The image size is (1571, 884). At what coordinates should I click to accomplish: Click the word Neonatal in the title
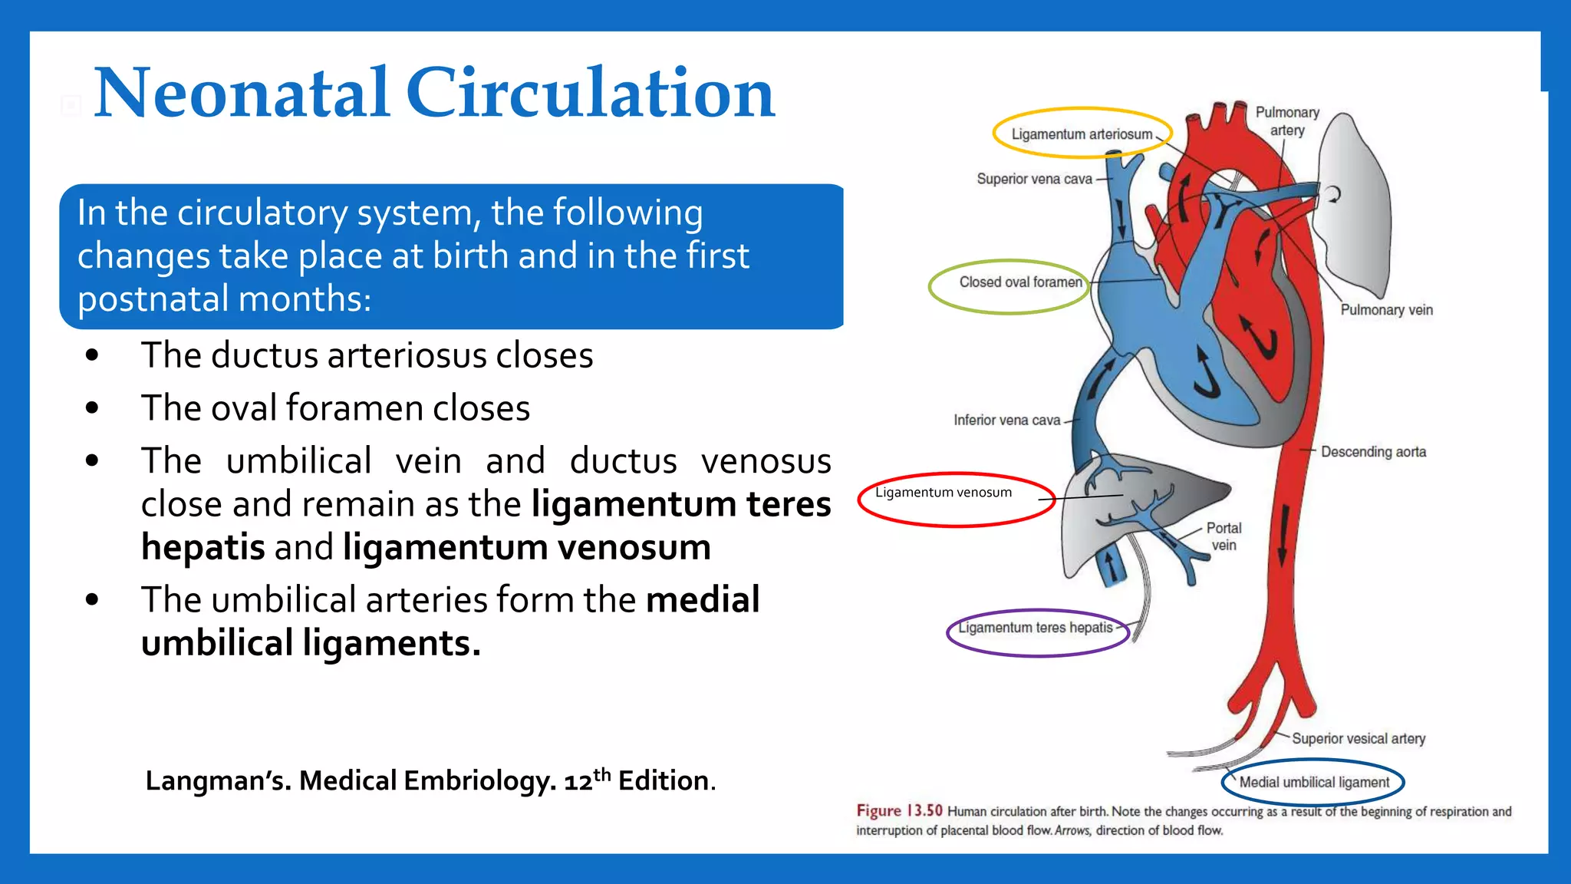pos(241,94)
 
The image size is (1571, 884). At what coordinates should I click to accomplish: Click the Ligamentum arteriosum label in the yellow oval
pos(1081,134)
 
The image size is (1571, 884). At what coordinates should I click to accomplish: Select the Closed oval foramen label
pos(1019,282)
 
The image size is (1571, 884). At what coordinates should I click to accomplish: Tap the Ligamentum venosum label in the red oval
pos(944,493)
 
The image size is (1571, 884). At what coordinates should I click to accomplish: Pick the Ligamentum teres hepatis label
pos(1035,628)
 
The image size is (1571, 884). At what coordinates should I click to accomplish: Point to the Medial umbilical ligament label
pos(1314,782)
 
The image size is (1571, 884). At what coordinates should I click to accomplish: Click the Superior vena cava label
pos(1034,179)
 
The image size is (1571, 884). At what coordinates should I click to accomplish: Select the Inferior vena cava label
pos(1006,420)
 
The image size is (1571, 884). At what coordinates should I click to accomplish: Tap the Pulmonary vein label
pos(1386,310)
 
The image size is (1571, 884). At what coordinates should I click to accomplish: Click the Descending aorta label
pos(1373,452)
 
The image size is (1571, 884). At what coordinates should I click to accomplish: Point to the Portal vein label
pos(1224,536)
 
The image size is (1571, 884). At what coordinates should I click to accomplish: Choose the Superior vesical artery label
pos(1358,738)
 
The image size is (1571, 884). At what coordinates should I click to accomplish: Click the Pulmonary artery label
pos(1287,121)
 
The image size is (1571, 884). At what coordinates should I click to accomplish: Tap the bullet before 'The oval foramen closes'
pos(93,408)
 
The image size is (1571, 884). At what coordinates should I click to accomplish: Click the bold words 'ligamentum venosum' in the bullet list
pos(526,547)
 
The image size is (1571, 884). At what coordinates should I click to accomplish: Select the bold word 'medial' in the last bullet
pos(702,599)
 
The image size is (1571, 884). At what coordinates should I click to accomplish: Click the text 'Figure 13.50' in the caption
pos(899,811)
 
